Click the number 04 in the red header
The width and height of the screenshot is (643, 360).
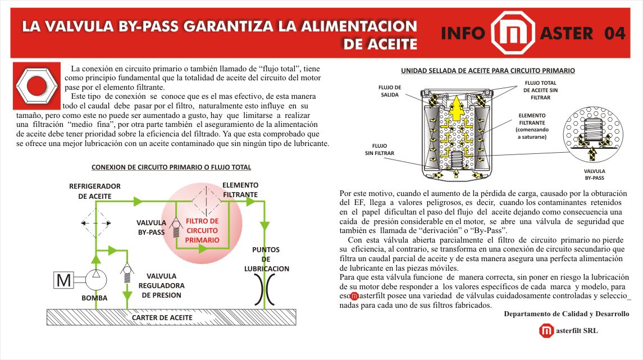615,34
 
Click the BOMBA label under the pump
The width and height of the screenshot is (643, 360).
94,298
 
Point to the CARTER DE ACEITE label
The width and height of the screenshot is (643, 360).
162,318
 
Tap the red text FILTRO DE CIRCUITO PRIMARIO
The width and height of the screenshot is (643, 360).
202,230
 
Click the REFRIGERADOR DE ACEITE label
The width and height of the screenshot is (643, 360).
95,191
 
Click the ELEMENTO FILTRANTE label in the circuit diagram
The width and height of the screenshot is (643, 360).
240,190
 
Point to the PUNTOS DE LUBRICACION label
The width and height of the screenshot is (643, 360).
266,259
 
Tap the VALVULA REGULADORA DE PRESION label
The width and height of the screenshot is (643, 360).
161,285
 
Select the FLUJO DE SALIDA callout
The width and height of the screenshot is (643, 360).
390,91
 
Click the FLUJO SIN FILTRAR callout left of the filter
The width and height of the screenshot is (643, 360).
380,149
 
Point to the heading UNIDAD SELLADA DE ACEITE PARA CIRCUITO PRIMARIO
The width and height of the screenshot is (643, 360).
487,71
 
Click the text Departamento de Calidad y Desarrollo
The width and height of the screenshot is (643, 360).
566,313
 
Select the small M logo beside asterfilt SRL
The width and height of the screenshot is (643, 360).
546,331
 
